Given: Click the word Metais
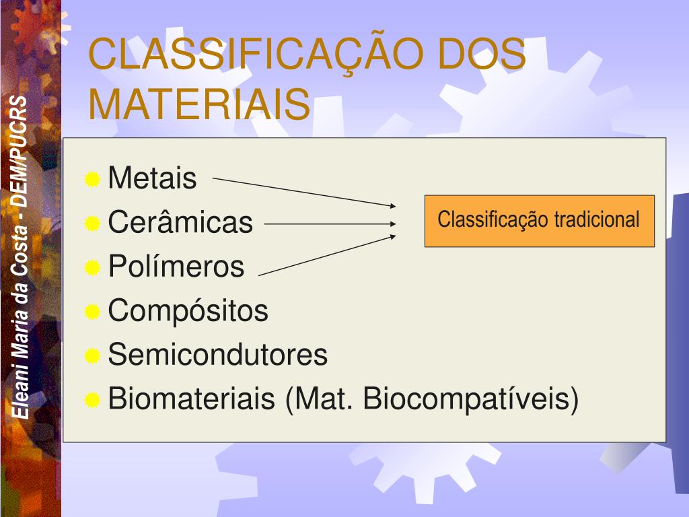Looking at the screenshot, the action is (153, 178).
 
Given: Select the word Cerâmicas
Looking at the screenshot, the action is (180, 221).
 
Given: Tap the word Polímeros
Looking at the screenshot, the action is (176, 266).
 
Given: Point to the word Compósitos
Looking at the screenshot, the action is (188, 311).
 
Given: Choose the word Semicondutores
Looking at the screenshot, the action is (218, 354).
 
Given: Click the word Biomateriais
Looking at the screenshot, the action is (192, 399).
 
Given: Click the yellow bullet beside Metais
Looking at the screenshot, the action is (92, 179).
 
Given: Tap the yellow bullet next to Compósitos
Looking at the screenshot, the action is (92, 312).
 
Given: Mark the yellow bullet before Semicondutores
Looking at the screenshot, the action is (92, 355).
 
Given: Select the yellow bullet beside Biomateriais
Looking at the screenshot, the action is (92, 400).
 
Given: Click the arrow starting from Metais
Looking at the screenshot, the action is (304, 192).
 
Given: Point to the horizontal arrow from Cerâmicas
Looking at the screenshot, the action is (330, 223).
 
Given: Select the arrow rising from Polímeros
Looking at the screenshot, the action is (328, 255).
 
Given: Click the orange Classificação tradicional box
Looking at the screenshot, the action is (540, 221).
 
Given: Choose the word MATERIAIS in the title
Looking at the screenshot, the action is (199, 104).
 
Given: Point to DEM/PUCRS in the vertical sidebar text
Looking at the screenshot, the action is (20, 151).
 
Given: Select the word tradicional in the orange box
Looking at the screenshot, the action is (596, 219).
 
